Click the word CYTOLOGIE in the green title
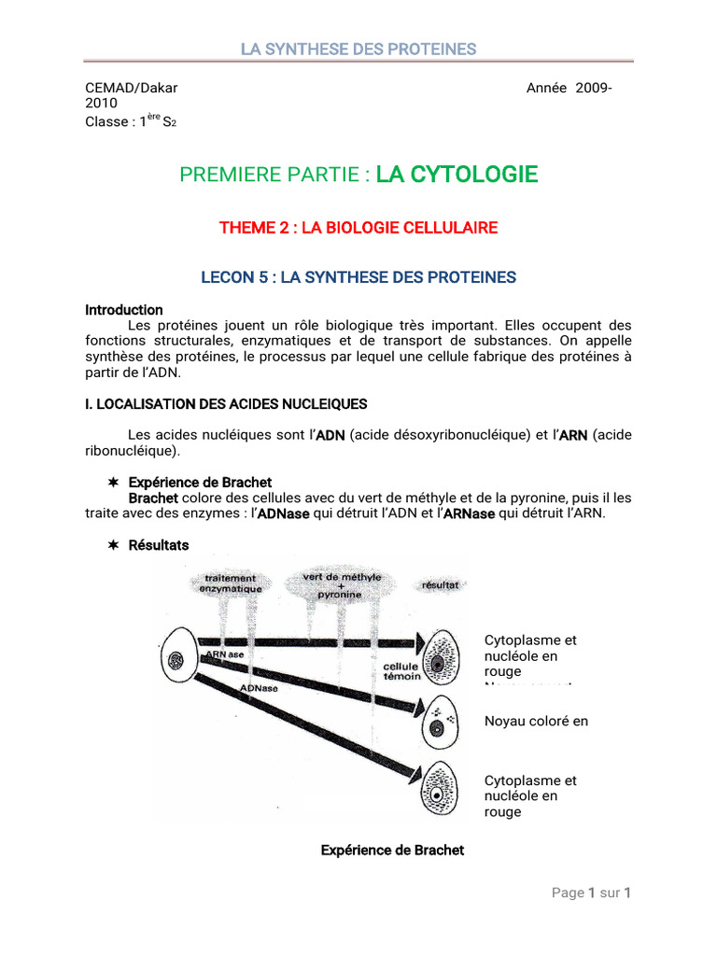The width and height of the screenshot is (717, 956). point(457,175)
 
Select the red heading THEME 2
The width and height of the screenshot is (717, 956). point(358,228)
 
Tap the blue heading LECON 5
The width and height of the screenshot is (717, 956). point(358,277)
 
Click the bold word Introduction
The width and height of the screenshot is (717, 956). point(124,310)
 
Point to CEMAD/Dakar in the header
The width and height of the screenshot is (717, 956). point(131,88)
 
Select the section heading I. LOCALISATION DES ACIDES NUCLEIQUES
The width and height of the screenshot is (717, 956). point(227,404)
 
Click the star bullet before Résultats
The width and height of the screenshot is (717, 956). point(112,545)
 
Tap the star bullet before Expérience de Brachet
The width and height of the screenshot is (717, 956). point(112,483)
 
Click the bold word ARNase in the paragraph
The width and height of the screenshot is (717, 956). point(469,513)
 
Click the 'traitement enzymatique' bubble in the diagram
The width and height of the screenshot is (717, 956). point(227,584)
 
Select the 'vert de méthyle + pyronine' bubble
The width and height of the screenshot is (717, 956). point(341,585)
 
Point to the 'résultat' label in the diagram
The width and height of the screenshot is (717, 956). point(440,584)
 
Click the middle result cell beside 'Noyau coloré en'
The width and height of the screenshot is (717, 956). point(438,719)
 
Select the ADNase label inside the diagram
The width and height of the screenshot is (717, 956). point(259,688)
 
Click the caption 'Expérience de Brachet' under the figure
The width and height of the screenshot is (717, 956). point(392,851)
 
